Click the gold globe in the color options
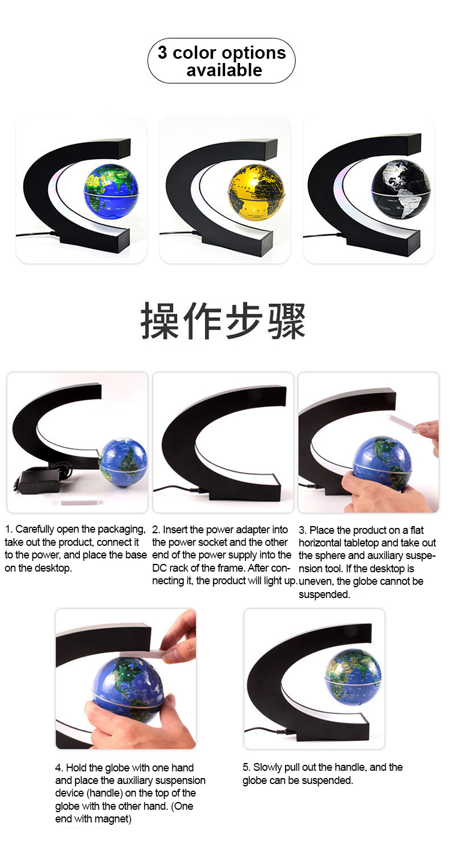[256, 193]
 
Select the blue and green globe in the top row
[112, 191]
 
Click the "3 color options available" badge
[221, 61]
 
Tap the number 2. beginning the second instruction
[156, 530]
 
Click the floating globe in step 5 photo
[353, 677]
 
